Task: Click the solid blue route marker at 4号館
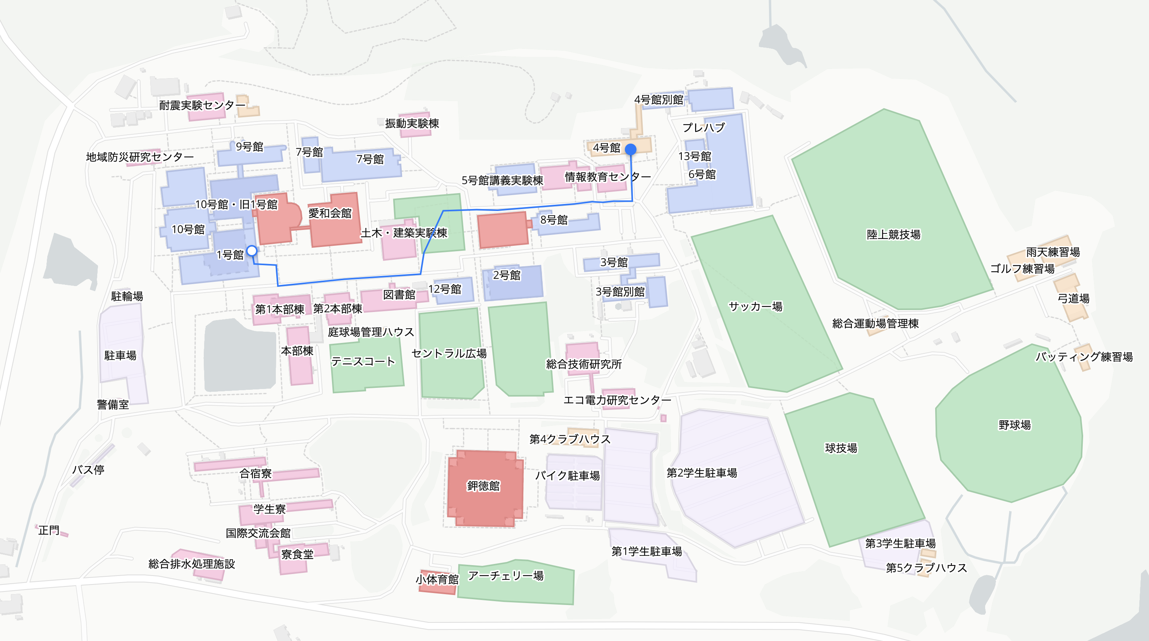pos(631,149)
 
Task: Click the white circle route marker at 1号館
pos(252,251)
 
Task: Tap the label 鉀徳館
pos(483,485)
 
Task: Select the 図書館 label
pos(399,295)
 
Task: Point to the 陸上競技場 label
pos(893,235)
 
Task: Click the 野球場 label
pos(1015,425)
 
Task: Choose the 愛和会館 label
pos(330,213)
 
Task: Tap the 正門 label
pos(49,530)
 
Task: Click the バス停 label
pos(88,470)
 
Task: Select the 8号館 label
pos(554,220)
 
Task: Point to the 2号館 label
pos(507,275)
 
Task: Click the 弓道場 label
pos(1073,298)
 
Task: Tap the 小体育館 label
pos(437,579)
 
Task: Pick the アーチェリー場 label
pos(506,576)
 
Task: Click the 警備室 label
pos(113,404)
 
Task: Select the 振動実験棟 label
pos(412,123)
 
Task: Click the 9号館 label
pos(249,147)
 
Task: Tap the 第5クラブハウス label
pos(926,567)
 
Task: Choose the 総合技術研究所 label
pos(584,364)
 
